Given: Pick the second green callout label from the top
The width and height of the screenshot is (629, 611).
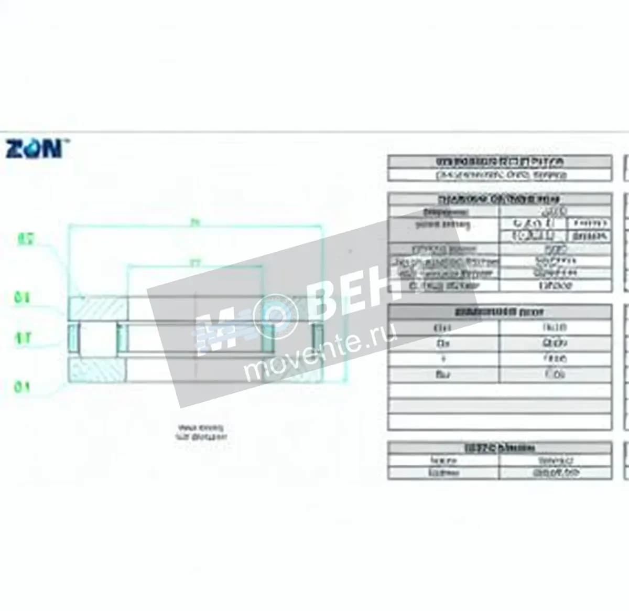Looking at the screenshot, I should [22, 298].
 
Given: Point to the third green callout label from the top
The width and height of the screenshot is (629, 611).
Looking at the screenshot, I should [22, 338].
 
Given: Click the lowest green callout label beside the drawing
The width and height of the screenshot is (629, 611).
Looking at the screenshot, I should [22, 388].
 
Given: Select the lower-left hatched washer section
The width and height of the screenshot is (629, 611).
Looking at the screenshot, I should [97, 370].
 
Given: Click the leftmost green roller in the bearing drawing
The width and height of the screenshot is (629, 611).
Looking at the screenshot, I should [73, 338].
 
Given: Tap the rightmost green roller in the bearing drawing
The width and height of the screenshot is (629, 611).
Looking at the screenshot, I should [318, 338].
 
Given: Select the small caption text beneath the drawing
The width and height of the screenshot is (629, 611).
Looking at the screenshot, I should [201, 432].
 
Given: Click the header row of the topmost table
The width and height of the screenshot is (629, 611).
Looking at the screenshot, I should [500, 162].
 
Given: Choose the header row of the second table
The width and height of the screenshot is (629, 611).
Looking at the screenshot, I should [500, 199].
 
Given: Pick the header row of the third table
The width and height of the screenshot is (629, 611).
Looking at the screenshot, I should [500, 312].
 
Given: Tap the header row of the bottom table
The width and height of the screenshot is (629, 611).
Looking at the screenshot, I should [500, 448].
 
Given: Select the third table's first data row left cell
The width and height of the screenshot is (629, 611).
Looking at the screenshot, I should [443, 328].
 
